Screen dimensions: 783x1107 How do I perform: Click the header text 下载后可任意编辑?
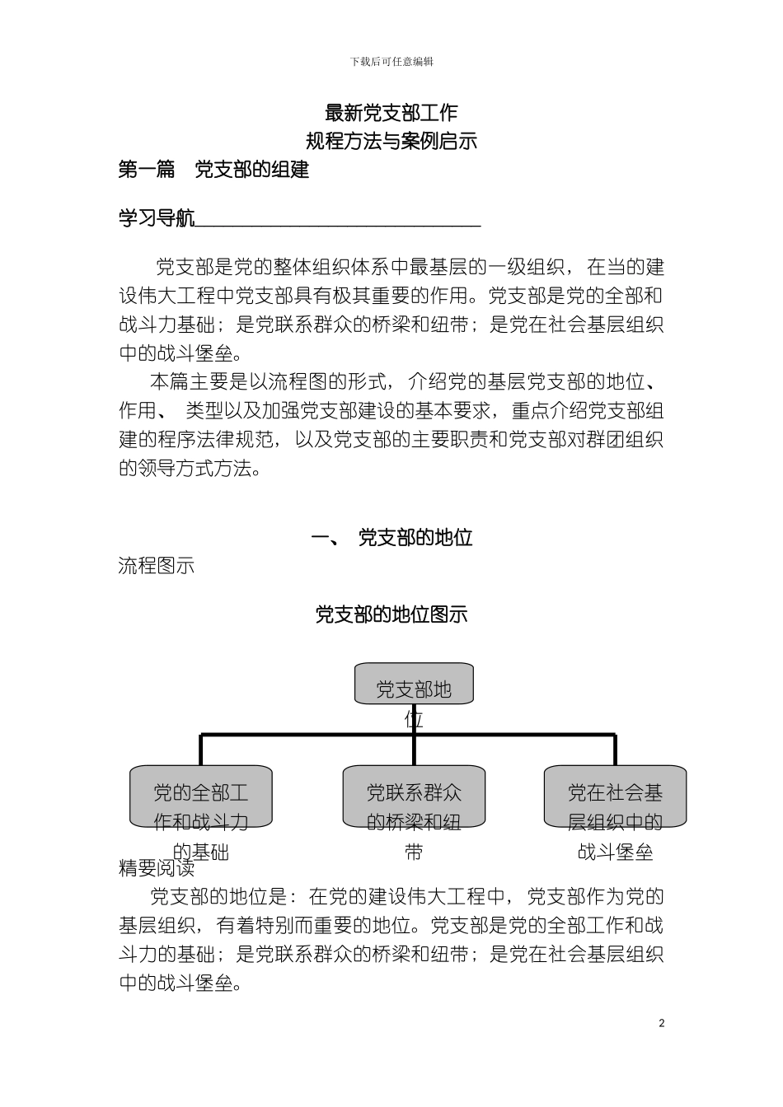pyautogui.click(x=391, y=62)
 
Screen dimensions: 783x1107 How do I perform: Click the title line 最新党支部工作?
pyautogui.click(x=391, y=113)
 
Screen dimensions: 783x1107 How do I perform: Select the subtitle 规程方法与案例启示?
pyautogui.click(x=391, y=141)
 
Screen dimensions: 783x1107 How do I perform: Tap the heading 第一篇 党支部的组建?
pyautogui.click(x=213, y=170)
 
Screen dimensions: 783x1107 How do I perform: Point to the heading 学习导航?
pyautogui.click(x=157, y=218)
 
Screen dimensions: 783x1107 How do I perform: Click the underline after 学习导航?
pyautogui.click(x=338, y=223)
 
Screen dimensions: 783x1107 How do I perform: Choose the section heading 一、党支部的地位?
pyautogui.click(x=391, y=538)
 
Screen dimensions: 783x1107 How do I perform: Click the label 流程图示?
pyautogui.click(x=157, y=566)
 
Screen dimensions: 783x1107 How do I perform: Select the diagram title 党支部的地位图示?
pyautogui.click(x=391, y=614)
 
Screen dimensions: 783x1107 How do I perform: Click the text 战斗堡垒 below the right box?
pyautogui.click(x=615, y=852)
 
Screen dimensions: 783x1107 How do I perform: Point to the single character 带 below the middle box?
pyautogui.click(x=414, y=852)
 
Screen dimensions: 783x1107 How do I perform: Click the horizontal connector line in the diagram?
pyautogui.click(x=305, y=735)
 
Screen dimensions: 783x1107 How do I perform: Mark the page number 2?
pyautogui.click(x=662, y=1024)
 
